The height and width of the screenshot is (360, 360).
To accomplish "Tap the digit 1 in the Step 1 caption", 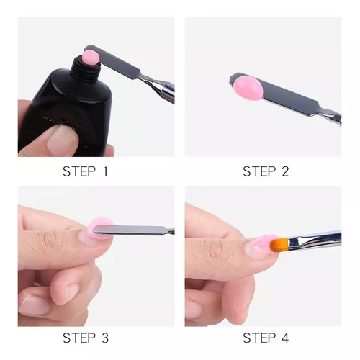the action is coord(105,171).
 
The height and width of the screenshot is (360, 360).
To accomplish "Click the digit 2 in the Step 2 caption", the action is coord(285,171).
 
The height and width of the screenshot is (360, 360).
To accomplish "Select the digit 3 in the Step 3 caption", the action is coord(104,338).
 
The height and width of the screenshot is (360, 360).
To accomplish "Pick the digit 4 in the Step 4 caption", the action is coord(284,338).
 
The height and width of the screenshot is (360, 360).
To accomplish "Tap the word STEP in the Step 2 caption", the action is coord(259,171).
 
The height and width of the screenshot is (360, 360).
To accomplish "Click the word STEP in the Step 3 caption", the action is coord(79,338).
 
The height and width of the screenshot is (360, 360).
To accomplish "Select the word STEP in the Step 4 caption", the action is coord(259,338).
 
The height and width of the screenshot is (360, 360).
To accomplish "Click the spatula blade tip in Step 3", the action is coord(95,230).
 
